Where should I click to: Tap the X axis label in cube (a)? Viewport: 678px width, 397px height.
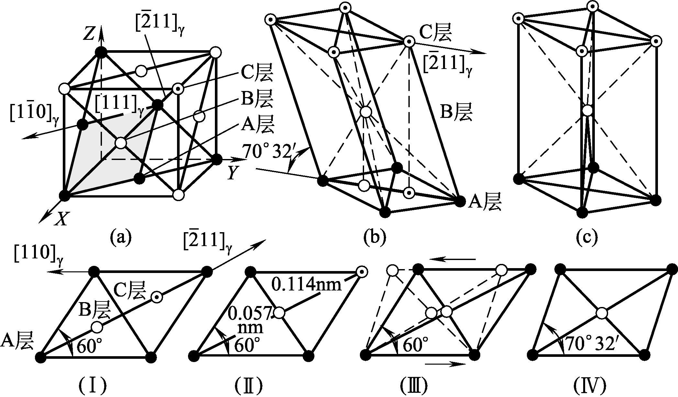(x=61, y=220)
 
